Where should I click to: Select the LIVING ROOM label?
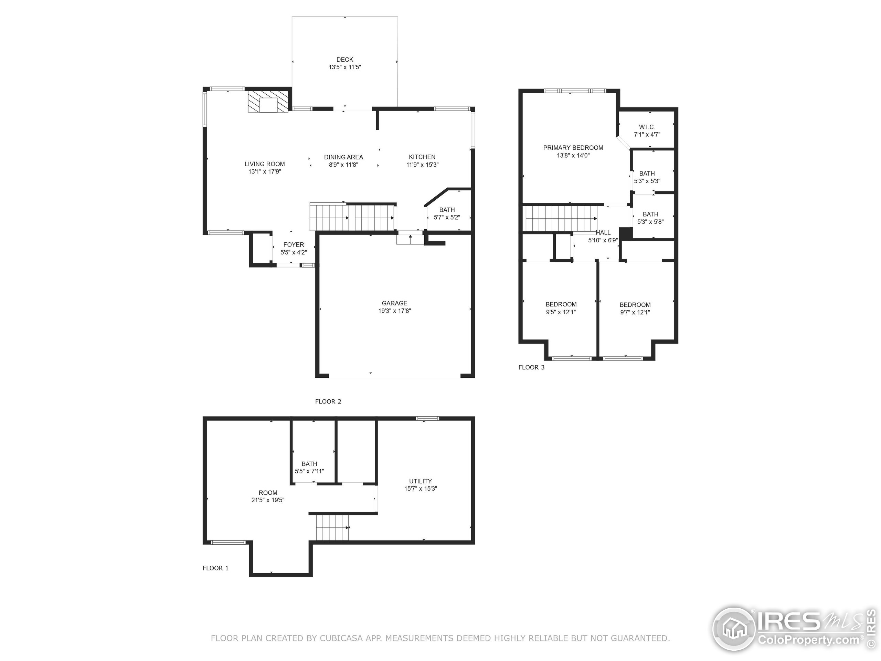click(264, 164)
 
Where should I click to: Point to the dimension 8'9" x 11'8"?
click(343, 165)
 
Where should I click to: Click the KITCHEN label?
click(422, 157)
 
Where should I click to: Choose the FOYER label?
click(294, 245)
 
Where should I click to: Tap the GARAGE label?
click(394, 303)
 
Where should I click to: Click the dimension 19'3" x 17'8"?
click(394, 311)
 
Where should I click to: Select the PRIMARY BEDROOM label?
click(573, 148)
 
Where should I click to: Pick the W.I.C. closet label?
click(647, 127)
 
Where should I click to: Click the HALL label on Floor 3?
click(603, 233)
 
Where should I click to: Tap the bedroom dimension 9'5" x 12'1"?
click(561, 312)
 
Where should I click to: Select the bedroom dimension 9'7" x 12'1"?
click(635, 312)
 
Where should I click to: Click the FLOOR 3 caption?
click(531, 367)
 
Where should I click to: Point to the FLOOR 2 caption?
click(328, 402)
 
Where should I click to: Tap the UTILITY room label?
click(420, 481)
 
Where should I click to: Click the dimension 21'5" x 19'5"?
click(268, 500)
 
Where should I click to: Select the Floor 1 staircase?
click(332, 527)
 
